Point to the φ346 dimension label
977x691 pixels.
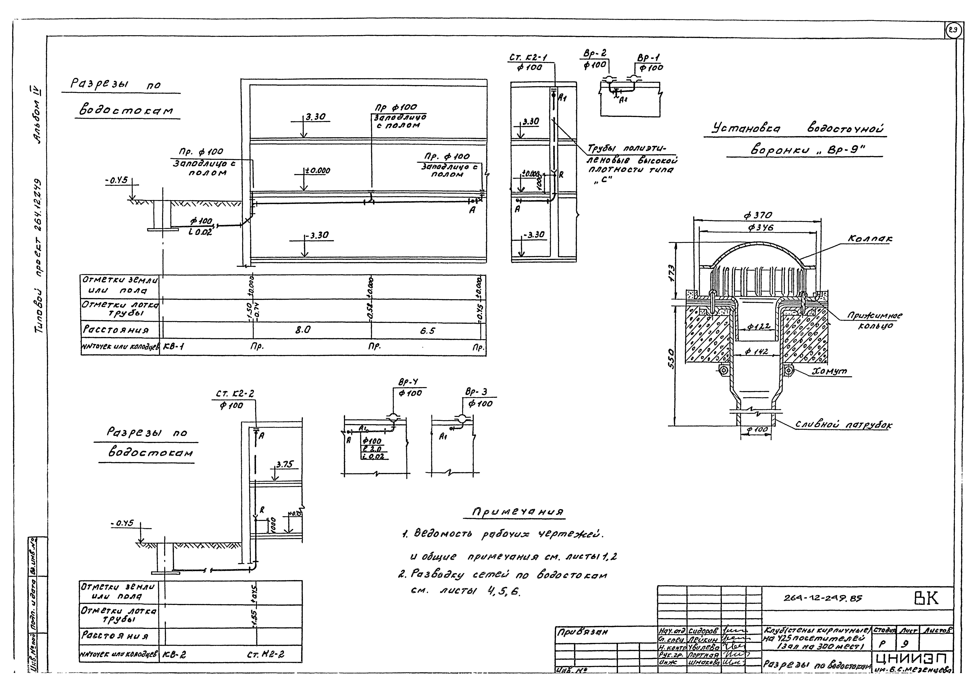761,228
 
